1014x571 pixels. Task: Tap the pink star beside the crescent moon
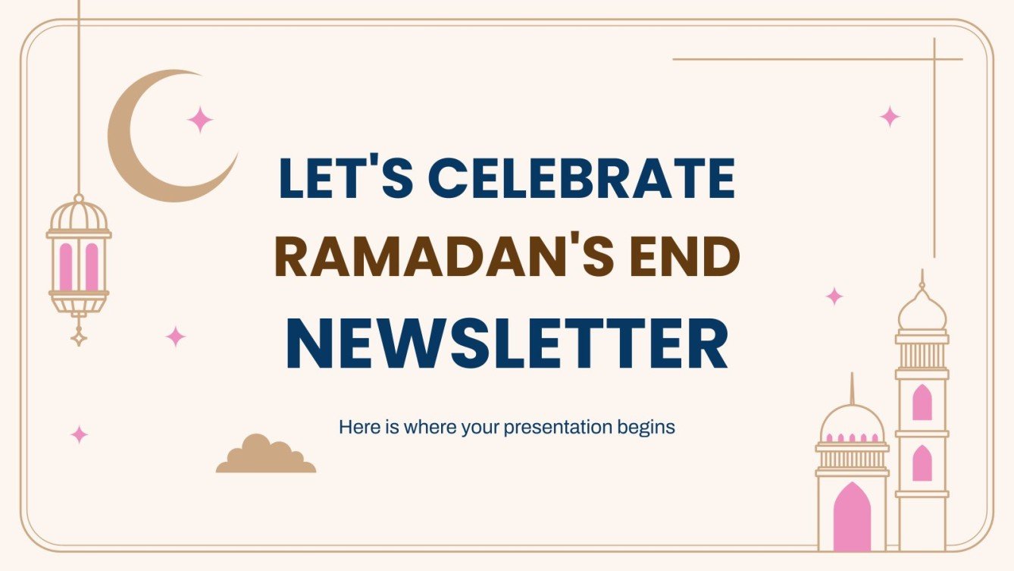200,120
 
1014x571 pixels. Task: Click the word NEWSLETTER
507,346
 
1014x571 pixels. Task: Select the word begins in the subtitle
646,427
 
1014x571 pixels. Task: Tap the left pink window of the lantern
66,266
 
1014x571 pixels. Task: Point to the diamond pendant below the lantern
78,334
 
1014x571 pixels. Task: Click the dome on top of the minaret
922,309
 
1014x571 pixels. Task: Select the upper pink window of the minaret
922,403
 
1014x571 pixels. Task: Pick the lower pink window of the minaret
922,463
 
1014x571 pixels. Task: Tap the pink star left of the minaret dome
834,296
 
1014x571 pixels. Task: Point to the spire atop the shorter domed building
852,388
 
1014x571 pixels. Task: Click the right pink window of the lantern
92,266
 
